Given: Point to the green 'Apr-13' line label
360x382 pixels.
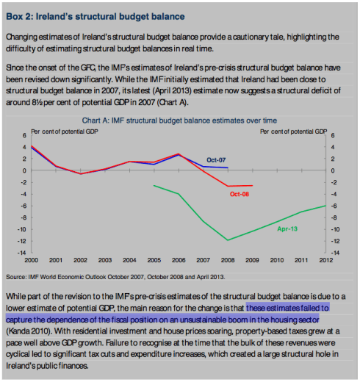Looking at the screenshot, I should (287, 229).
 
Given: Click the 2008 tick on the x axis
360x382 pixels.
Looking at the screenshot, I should (228, 260).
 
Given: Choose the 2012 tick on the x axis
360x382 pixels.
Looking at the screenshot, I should (325, 260).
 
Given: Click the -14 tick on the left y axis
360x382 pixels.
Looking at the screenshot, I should (22, 252).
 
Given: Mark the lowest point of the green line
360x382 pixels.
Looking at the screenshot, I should (228, 240).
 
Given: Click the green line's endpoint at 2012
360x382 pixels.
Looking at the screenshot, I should (325, 206).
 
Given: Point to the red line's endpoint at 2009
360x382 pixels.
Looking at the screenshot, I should (252, 185).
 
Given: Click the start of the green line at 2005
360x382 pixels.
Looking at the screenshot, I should (154, 185).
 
